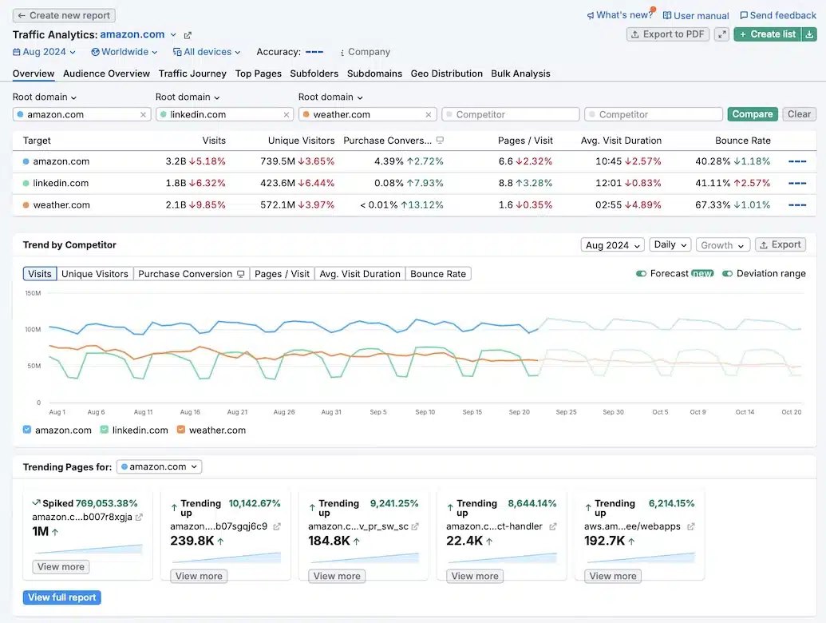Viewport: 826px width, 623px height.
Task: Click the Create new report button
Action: tap(65, 15)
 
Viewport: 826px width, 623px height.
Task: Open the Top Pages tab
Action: tap(258, 73)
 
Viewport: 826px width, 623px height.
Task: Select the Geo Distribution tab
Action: tap(446, 73)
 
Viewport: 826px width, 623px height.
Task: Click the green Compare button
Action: tap(752, 114)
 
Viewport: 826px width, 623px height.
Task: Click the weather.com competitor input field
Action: tap(367, 114)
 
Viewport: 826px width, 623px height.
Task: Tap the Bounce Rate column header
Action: tap(743, 141)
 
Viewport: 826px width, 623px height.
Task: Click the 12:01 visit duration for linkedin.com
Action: tap(610, 183)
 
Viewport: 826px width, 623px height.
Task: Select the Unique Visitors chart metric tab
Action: tap(95, 274)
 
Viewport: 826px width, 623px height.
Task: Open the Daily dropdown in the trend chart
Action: tap(670, 245)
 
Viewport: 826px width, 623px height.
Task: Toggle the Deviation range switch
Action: tap(727, 274)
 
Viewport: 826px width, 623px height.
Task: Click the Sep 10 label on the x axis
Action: tap(425, 412)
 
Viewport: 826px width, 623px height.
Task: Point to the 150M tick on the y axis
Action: tap(33, 293)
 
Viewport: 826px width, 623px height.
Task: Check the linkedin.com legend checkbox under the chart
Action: tap(105, 430)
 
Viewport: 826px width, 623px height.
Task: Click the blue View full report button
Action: tap(62, 597)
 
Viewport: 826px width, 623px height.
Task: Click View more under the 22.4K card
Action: tap(475, 576)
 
